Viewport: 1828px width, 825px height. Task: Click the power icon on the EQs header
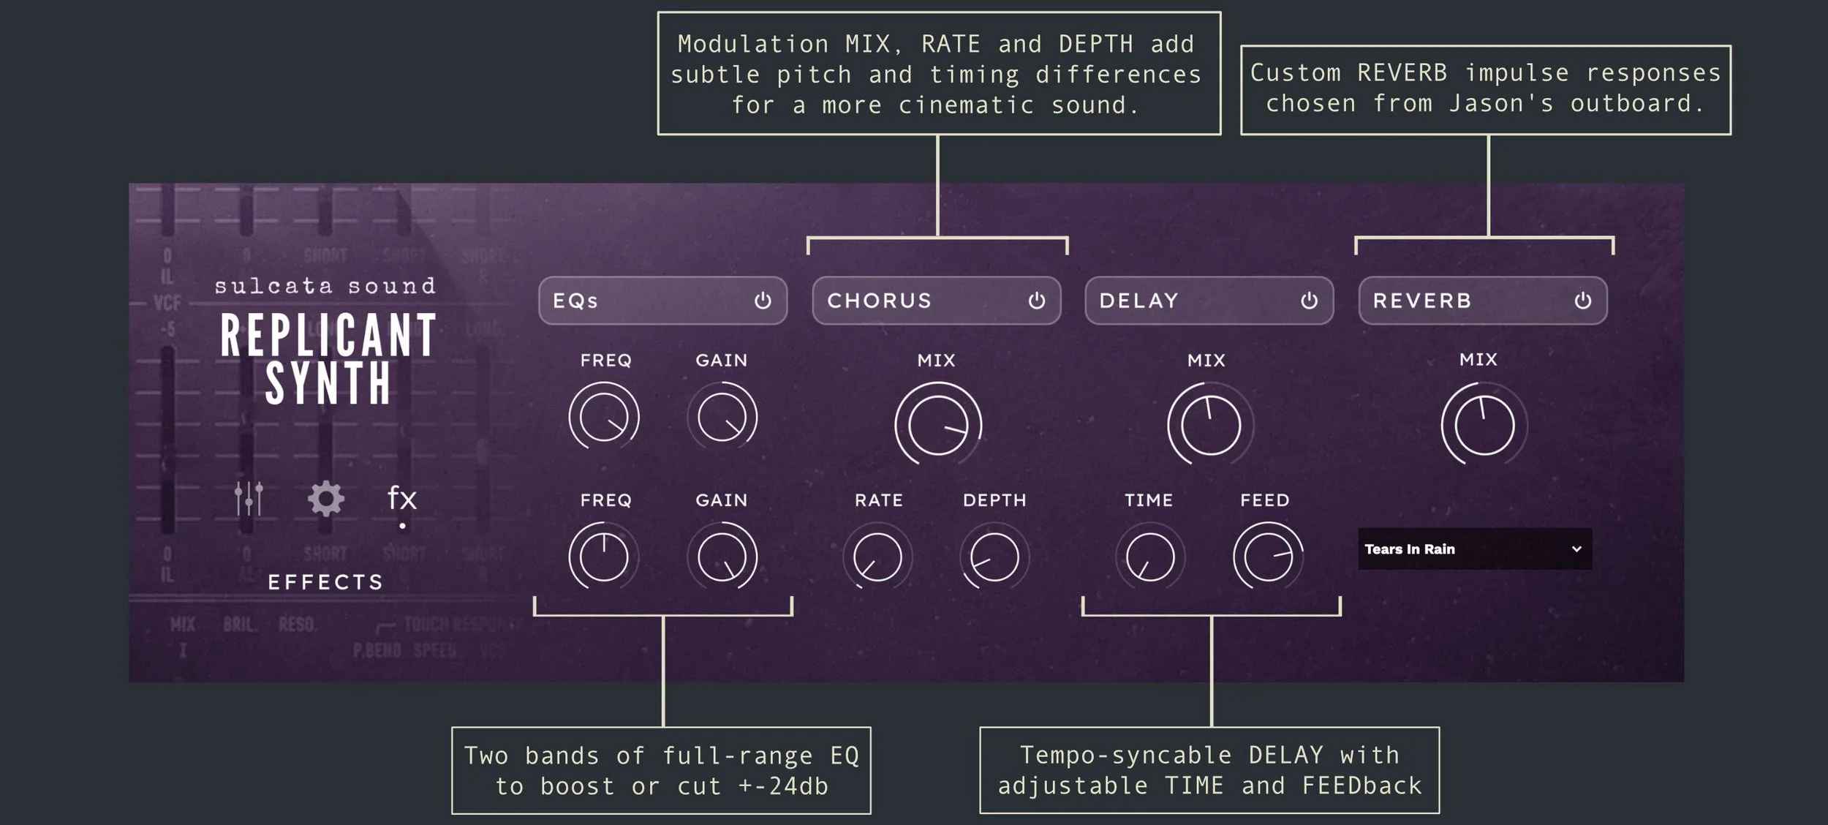point(763,301)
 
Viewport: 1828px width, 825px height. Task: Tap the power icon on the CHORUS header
point(1036,301)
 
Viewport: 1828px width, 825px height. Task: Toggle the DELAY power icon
point(1309,301)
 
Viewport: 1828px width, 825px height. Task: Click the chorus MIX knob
point(937,424)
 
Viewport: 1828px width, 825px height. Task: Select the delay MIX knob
point(1210,425)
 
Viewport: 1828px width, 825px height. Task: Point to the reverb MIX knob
point(1484,425)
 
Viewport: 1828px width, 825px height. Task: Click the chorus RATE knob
point(877,557)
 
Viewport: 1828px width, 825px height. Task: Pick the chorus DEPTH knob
point(994,557)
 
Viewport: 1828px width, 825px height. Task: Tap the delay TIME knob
point(1150,557)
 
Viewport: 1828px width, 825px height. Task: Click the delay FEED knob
point(1268,557)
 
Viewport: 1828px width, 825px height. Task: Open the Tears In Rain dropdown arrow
point(1576,549)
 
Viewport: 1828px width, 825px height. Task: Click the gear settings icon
point(325,499)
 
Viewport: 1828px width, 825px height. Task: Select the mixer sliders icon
point(249,499)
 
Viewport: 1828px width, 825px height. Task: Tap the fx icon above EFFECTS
point(402,499)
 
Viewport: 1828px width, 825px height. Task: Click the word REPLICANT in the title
point(328,336)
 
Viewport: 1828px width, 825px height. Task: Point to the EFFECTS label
point(325,582)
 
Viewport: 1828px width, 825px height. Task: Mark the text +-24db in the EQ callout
point(783,786)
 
